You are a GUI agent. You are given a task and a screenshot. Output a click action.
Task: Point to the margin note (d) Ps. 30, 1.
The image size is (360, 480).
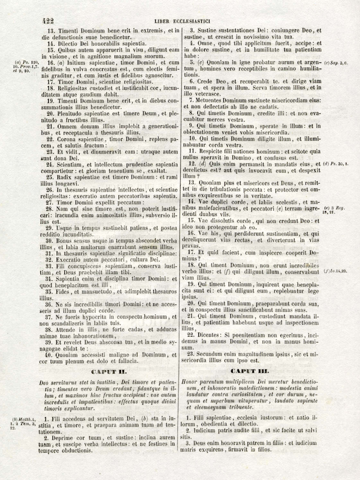pos(336,164)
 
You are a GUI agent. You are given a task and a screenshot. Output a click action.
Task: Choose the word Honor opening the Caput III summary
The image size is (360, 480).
pos(188,383)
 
